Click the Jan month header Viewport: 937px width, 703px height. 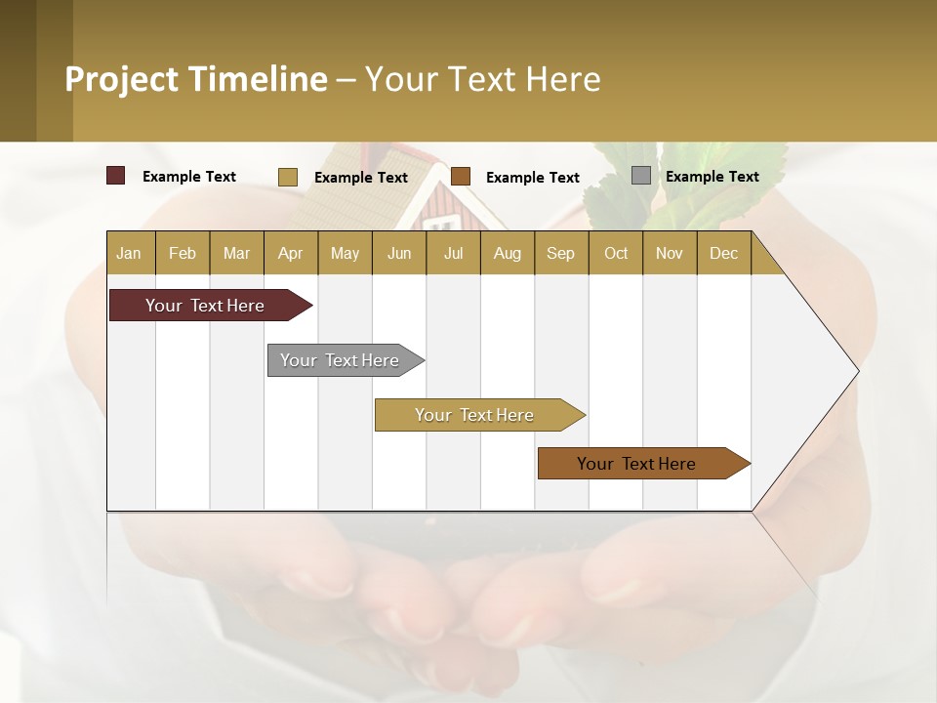(x=129, y=253)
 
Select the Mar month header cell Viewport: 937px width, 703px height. (x=236, y=253)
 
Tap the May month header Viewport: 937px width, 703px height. (x=345, y=253)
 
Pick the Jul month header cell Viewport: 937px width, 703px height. (x=453, y=253)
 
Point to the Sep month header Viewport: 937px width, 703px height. (x=560, y=253)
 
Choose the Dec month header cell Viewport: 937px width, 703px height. (x=723, y=253)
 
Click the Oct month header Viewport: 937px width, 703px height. (x=615, y=253)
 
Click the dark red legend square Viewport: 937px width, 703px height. (x=115, y=176)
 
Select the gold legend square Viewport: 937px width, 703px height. (x=287, y=177)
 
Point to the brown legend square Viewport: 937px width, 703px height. (x=461, y=176)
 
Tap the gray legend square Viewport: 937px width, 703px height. (x=640, y=176)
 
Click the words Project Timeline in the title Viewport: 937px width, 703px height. (x=196, y=79)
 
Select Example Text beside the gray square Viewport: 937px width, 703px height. (x=712, y=177)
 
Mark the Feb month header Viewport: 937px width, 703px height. (x=183, y=253)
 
